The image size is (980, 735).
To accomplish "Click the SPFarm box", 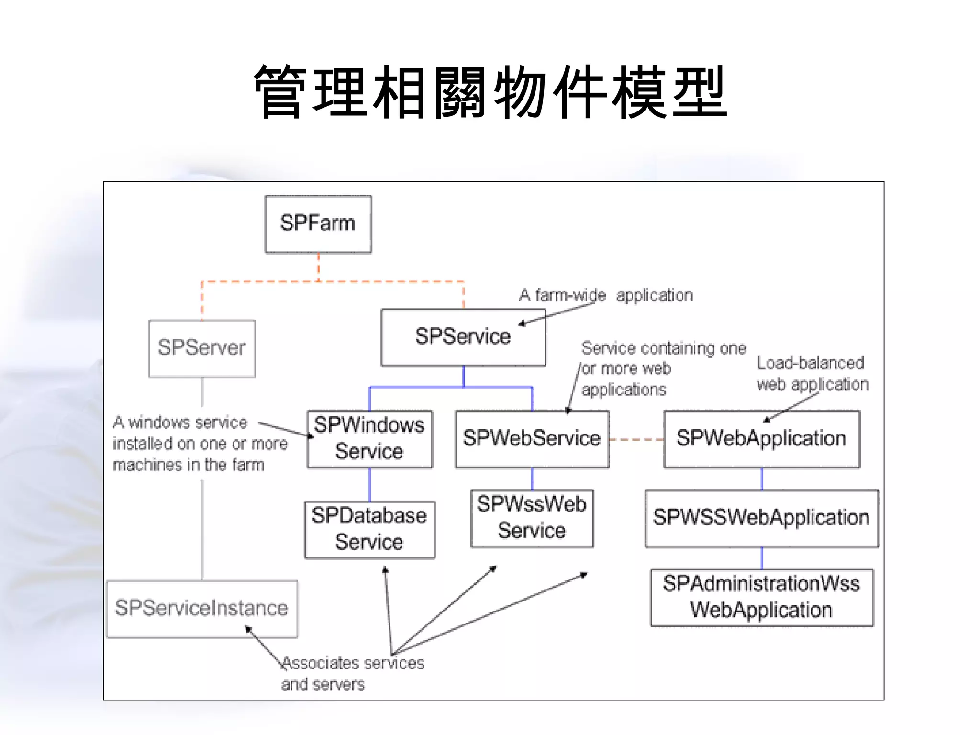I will (318, 224).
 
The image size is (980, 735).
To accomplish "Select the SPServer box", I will (202, 348).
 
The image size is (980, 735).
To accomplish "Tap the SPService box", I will (463, 337).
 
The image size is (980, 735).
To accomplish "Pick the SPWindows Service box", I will (369, 438).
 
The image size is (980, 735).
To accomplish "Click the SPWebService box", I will (532, 439).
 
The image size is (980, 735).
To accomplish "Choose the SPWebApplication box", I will (761, 439).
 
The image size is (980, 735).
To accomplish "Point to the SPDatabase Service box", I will (369, 529).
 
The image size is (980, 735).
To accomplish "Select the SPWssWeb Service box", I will (532, 518).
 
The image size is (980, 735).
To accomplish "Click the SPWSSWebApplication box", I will (761, 518).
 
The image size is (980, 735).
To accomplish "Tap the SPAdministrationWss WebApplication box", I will (761, 597).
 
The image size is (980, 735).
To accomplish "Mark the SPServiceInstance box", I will (201, 609).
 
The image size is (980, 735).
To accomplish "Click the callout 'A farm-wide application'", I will (606, 295).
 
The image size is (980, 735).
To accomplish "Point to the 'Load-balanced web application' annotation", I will (812, 374).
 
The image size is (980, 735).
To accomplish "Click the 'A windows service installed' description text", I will (200, 444).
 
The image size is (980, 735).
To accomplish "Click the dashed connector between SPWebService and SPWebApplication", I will (636, 439).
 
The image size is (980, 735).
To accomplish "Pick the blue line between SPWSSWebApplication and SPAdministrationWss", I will (762, 558).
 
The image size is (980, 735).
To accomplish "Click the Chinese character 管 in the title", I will (280, 92).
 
